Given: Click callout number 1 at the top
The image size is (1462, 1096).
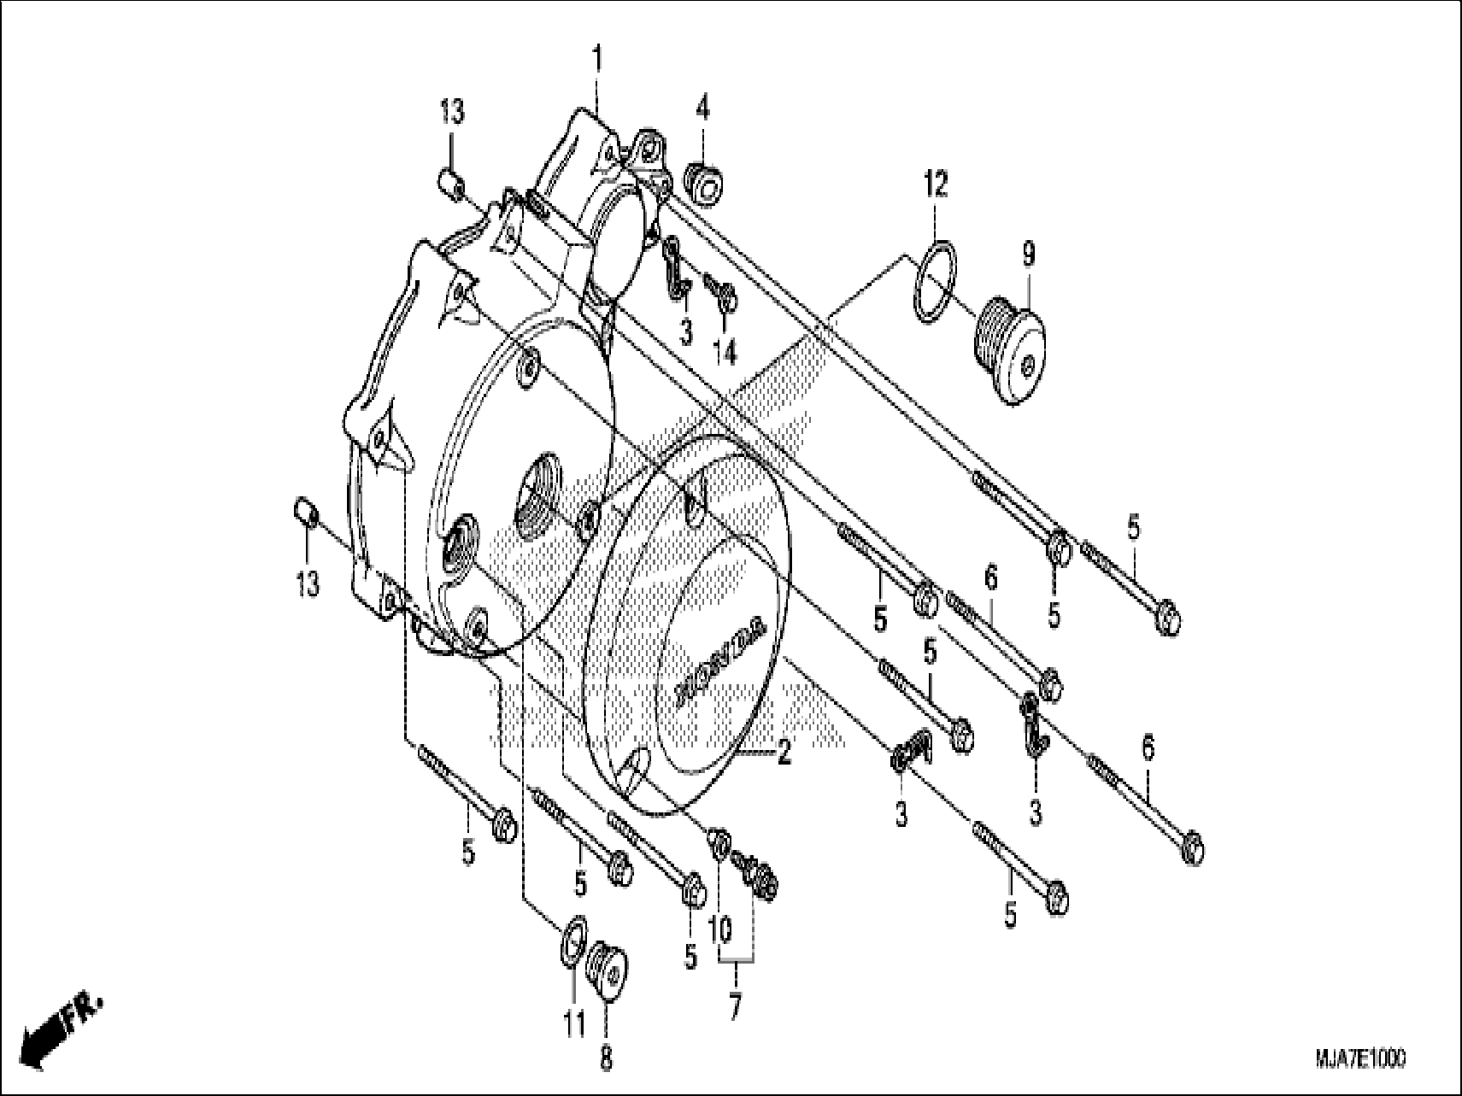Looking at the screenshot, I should coord(598,61).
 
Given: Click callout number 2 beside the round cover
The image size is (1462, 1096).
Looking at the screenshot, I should coord(784,753).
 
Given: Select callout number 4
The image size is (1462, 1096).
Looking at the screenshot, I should coord(702,108).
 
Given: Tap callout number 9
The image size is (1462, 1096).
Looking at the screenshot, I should coord(1028,254).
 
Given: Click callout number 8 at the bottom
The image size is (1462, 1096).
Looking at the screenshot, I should coord(605,1060).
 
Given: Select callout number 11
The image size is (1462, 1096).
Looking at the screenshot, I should coord(575,1023).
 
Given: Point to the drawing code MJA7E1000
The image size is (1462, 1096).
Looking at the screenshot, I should coord(1359,1058).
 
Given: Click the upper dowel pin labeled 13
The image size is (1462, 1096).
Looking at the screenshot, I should coord(450,182).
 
